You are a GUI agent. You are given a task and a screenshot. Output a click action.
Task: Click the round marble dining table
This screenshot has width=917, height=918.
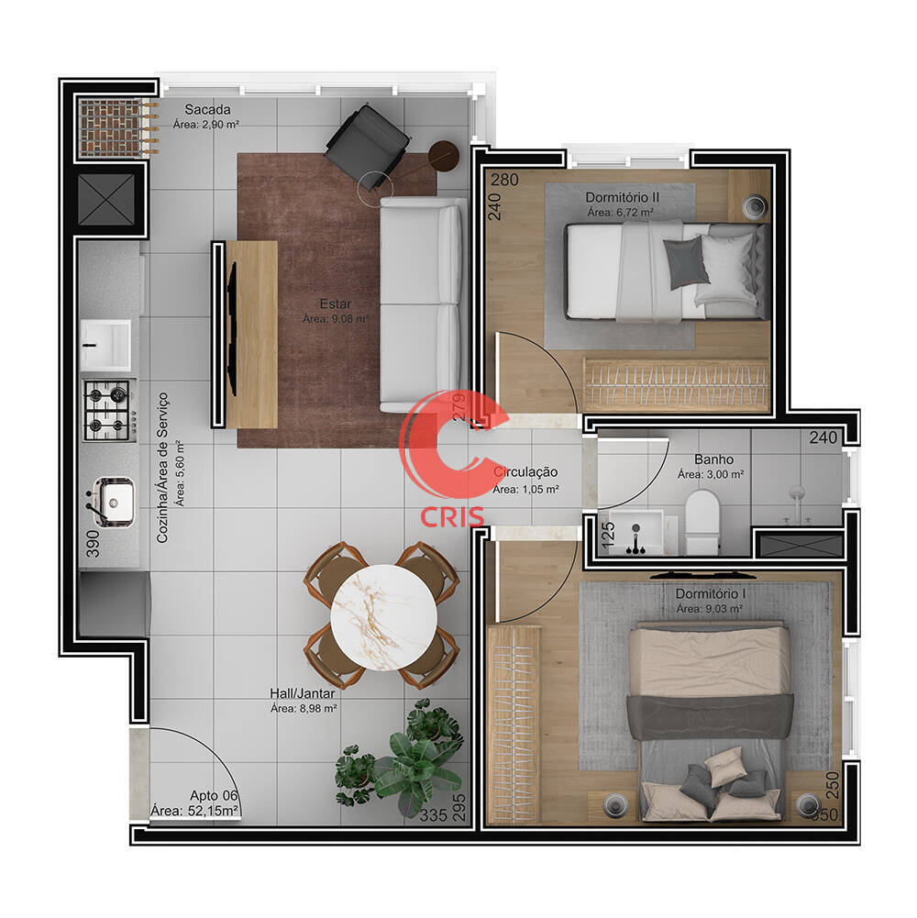[x=383, y=617]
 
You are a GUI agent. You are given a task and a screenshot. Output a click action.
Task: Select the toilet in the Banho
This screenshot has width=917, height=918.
[x=702, y=522]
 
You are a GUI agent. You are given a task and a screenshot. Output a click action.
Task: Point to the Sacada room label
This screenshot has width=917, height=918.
[x=207, y=109]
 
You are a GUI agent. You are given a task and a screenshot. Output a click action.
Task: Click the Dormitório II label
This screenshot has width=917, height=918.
[x=623, y=197]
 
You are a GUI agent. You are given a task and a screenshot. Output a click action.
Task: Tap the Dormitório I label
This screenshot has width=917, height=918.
[x=711, y=593]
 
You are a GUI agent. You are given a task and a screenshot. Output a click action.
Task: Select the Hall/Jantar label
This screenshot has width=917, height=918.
[x=303, y=693]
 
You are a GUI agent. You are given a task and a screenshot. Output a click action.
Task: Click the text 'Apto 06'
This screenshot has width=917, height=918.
[x=214, y=796]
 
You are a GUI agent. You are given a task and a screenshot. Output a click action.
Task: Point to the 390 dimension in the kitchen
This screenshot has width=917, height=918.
[x=93, y=543]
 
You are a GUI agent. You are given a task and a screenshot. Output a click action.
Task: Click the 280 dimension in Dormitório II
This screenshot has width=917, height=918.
[x=504, y=180]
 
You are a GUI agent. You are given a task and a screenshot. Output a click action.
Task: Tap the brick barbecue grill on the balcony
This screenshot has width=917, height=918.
[x=116, y=127]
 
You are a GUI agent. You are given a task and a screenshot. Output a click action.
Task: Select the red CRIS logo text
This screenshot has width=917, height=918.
[x=452, y=516]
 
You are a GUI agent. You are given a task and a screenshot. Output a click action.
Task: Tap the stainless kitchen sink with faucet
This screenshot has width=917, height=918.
[x=113, y=501]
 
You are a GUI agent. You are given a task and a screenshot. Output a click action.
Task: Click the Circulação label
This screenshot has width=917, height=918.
[x=525, y=472]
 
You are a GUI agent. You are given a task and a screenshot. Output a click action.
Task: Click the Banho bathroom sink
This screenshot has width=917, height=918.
[x=638, y=532]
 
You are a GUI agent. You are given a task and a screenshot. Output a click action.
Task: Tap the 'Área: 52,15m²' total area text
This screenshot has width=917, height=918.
[x=194, y=811]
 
